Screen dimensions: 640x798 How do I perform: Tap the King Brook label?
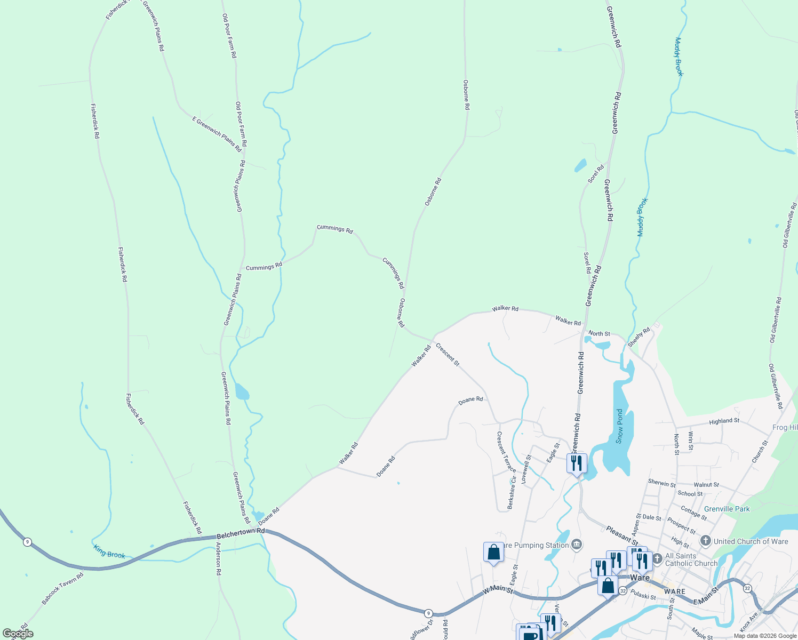[109, 551]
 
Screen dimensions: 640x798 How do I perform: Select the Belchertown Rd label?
[241, 534]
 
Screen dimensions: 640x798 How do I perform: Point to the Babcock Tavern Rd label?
[63, 589]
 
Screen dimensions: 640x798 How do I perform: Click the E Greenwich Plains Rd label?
[217, 134]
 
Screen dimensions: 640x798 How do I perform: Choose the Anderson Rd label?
[218, 558]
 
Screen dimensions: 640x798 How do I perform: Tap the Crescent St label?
[448, 355]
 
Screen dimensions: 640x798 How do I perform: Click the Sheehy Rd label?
[639, 338]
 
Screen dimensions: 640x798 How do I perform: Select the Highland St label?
[724, 421]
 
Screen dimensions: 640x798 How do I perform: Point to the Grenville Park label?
[727, 509]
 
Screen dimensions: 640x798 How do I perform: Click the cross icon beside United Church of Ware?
[706, 541]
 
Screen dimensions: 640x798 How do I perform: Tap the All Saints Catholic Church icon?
[657, 558]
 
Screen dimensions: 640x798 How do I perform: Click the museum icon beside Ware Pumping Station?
[576, 545]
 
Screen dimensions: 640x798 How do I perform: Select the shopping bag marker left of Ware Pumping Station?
[493, 553]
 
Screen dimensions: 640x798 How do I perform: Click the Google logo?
[18, 634]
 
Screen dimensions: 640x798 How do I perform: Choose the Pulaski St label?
[643, 595]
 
